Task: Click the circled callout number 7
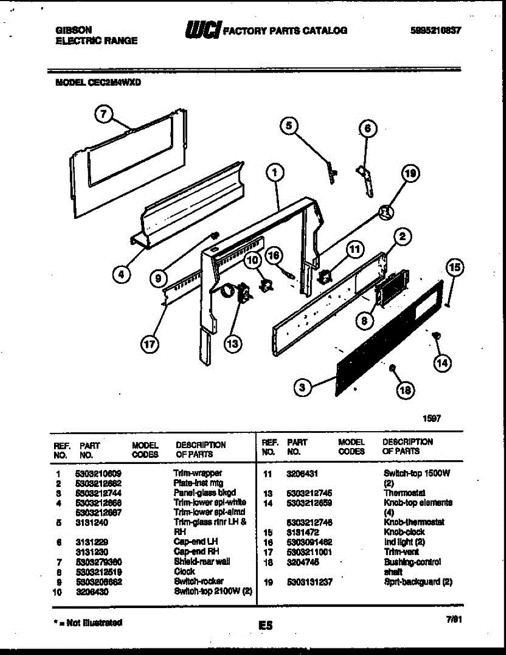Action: (103, 114)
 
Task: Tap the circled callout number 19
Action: (410, 174)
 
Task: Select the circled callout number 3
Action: (302, 388)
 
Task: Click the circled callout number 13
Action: (233, 344)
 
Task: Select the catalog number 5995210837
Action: (435, 31)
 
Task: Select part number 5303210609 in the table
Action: (98, 473)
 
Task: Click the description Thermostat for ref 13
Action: (404, 493)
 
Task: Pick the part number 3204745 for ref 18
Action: (302, 562)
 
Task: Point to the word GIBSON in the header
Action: (73, 31)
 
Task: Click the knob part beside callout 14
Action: (435, 336)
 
